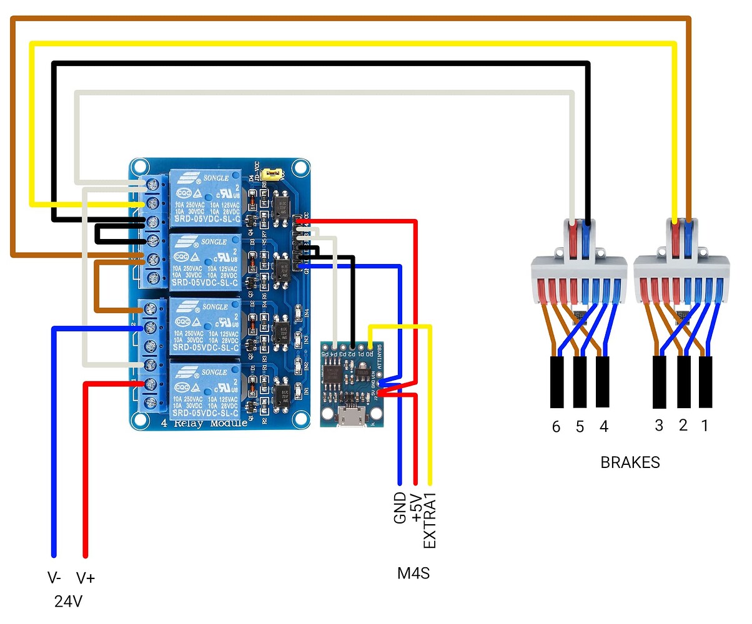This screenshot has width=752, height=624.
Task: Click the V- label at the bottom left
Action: point(54,578)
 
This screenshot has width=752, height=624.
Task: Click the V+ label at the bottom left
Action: point(86,578)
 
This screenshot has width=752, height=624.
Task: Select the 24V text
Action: point(69,602)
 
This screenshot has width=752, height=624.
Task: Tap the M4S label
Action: point(413,573)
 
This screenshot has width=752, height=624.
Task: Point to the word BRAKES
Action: point(630,463)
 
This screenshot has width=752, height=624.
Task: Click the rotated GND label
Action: point(400,508)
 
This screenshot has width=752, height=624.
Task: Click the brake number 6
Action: point(556,427)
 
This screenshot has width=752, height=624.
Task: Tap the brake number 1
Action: point(705,426)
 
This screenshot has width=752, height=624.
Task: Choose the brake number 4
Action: point(603,427)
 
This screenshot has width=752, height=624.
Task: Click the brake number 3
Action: point(659,426)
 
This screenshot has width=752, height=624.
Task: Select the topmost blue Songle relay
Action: point(203,198)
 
